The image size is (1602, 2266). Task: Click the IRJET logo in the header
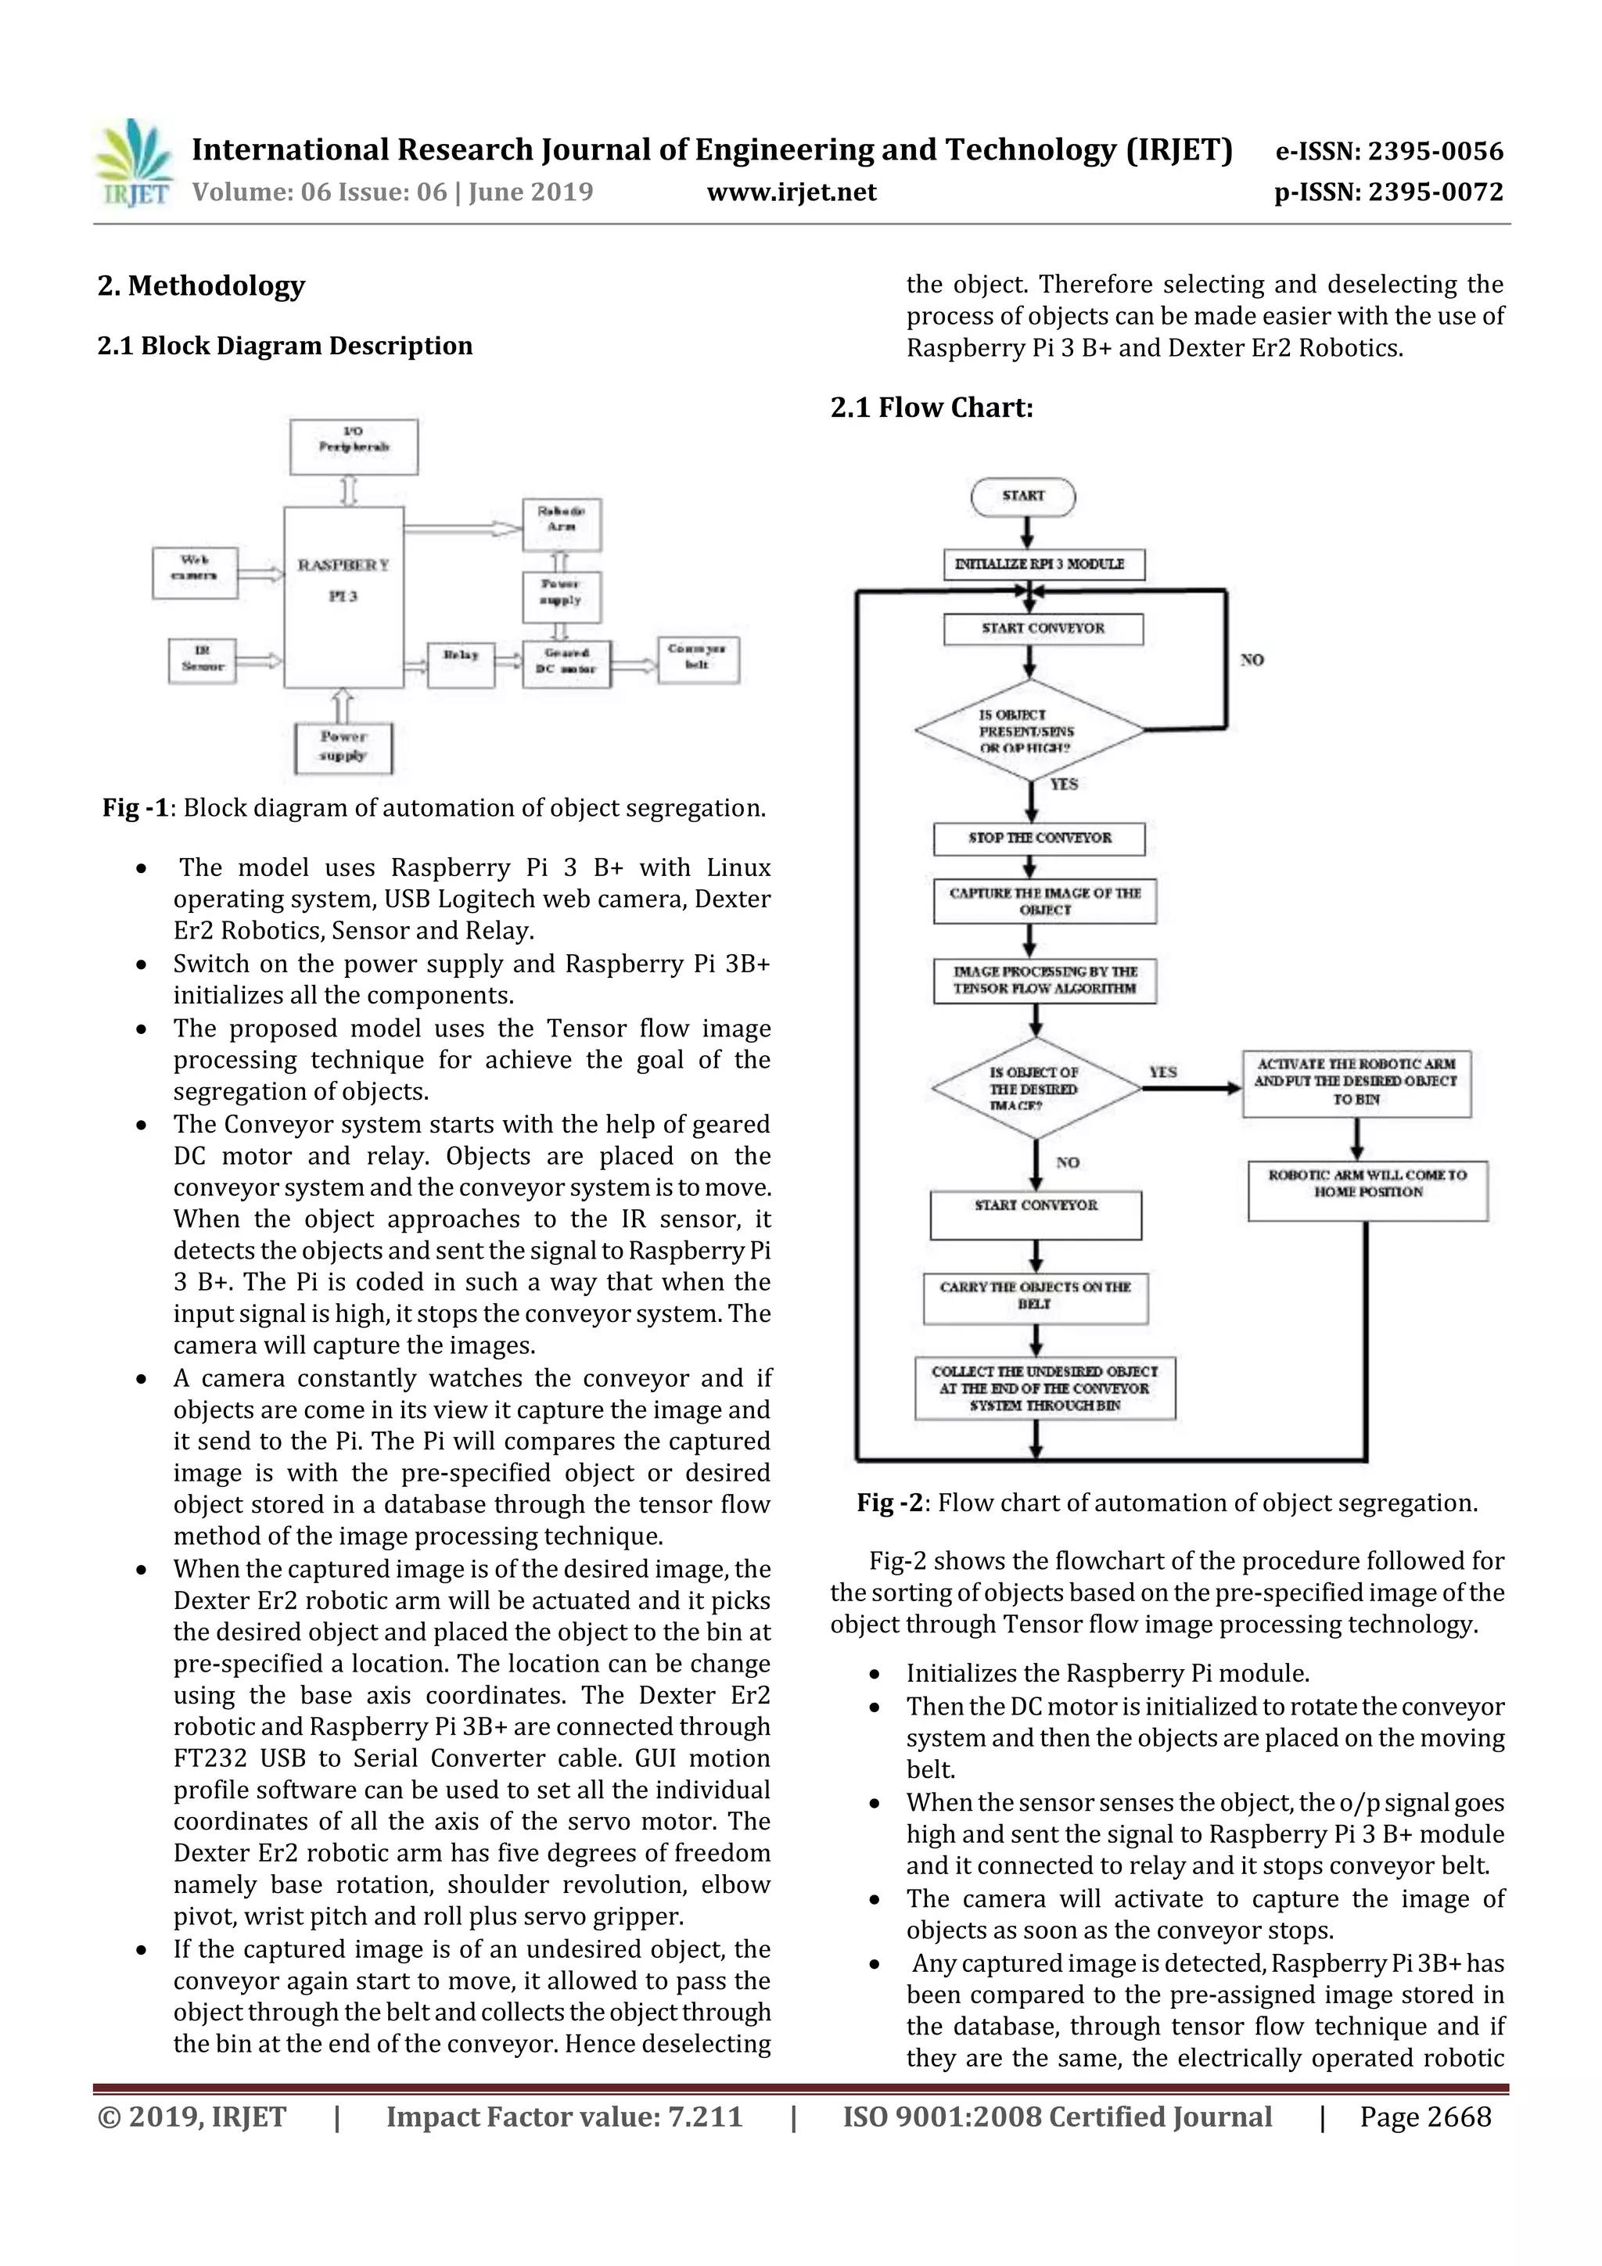pyautogui.click(x=133, y=163)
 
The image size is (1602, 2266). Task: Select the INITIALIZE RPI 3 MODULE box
pyautogui.click(x=1043, y=565)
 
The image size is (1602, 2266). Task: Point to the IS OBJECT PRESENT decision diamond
pyautogui.click(x=1029, y=731)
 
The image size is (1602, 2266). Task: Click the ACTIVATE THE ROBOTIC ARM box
pyautogui.click(x=1356, y=1083)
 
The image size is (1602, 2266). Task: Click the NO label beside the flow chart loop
pyautogui.click(x=1252, y=660)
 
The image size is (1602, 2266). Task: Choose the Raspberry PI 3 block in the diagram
pyautogui.click(x=343, y=596)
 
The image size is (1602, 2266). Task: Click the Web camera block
pyautogui.click(x=195, y=573)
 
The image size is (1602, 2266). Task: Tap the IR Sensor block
pyautogui.click(x=203, y=660)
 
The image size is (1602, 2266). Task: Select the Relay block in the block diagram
pyautogui.click(x=461, y=664)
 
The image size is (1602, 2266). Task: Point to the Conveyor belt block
pyautogui.click(x=698, y=659)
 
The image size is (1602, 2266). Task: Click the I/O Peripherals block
pyautogui.click(x=354, y=446)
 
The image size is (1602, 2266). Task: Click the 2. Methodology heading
pyautogui.click(x=201, y=286)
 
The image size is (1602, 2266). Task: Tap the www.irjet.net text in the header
pyautogui.click(x=792, y=192)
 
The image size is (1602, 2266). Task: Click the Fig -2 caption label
pyautogui.click(x=889, y=1503)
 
